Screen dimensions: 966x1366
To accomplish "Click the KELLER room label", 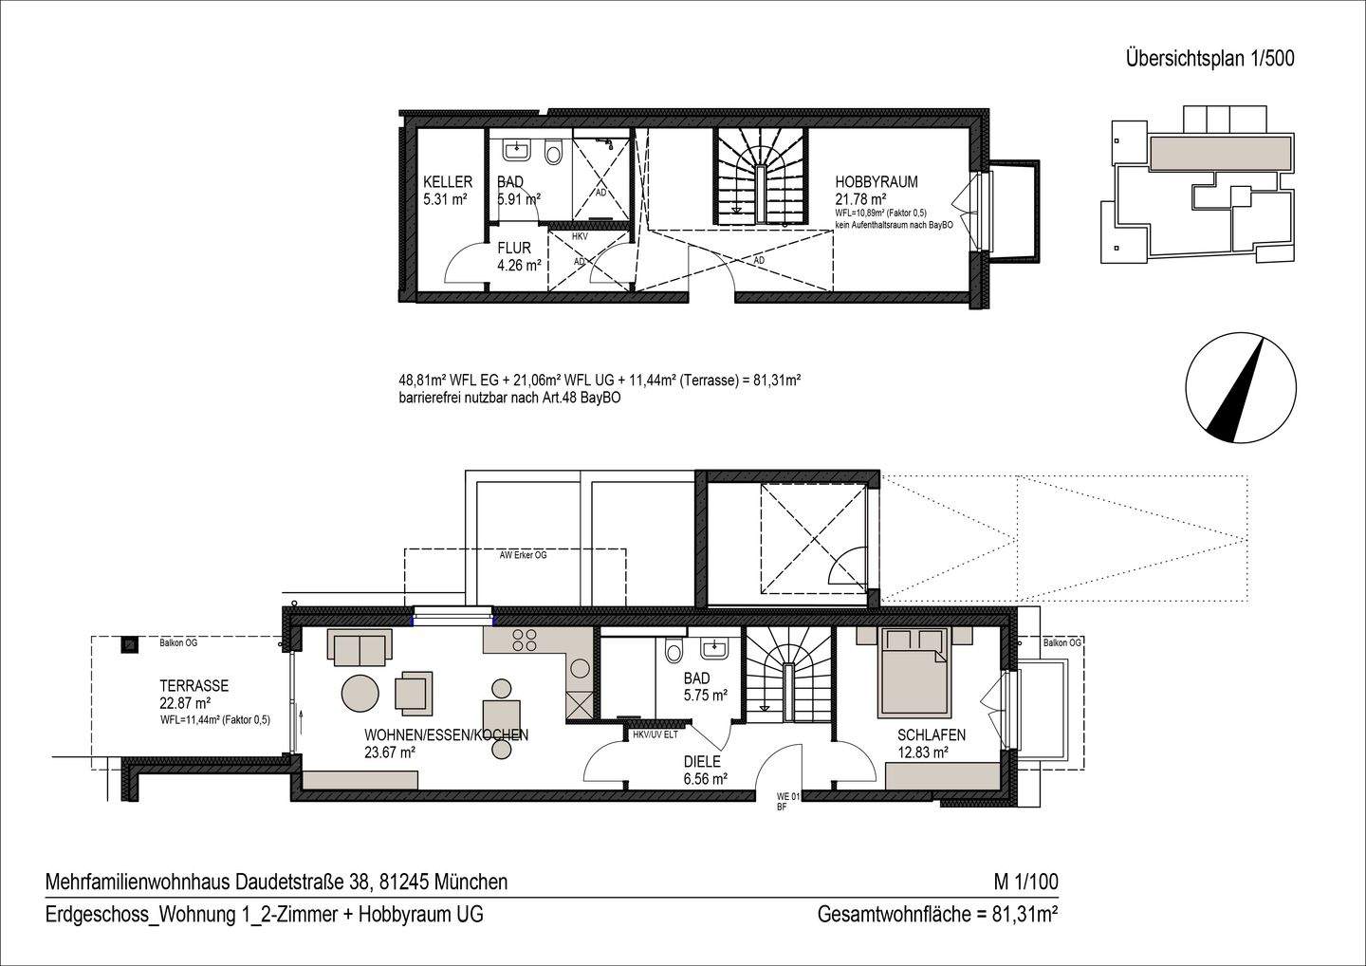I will (447, 182).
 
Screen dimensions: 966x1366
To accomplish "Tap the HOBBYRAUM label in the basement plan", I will (876, 182).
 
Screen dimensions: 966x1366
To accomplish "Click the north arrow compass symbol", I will (1241, 388).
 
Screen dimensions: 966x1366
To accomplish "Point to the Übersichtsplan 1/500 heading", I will (1209, 58).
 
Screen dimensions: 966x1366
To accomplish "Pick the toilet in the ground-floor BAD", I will (674, 651).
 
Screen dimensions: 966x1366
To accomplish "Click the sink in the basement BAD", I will (518, 149).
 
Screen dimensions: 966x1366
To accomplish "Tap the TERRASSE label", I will (194, 686).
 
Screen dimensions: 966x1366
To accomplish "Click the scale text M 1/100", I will (1024, 882).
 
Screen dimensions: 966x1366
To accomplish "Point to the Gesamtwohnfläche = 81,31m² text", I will (937, 916).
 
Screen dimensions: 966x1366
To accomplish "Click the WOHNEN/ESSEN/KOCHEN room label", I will (446, 735).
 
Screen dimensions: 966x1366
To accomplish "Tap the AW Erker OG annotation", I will (523, 555).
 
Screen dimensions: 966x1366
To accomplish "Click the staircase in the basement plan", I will (760, 177).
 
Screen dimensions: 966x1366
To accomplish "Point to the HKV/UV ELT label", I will (655, 734).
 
